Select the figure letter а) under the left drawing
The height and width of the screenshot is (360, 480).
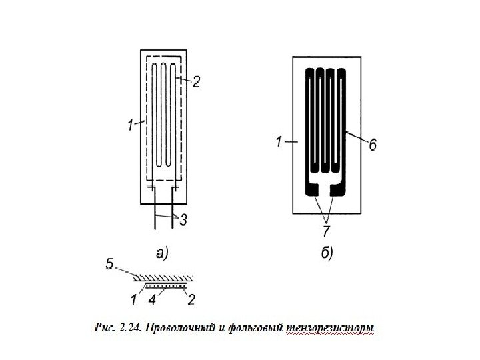point(161,253)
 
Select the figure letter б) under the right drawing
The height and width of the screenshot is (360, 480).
point(326,253)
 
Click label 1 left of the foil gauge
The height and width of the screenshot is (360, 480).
point(277,141)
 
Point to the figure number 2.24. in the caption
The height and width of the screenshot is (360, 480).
point(129,328)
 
